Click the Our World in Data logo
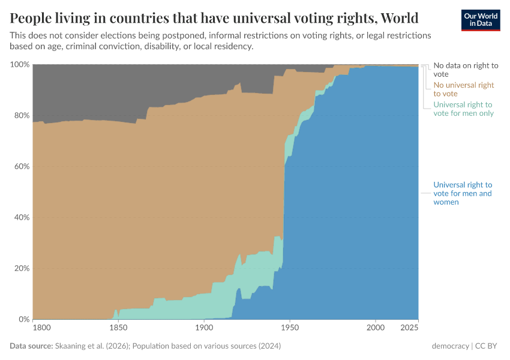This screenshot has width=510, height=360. click(480, 19)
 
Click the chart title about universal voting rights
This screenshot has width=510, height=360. click(214, 17)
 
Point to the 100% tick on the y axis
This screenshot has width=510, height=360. click(19, 64)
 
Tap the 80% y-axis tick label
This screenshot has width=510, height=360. click(20, 115)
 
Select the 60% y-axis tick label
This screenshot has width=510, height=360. click(20, 166)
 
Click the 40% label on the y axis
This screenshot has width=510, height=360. click(20, 217)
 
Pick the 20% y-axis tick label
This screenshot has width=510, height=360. click(20, 268)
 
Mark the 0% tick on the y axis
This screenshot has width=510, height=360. click(23, 319)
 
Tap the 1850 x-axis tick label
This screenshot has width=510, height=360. click(118, 329)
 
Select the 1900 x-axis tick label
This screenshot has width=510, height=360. click(204, 329)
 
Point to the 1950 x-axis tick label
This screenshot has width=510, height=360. click(290, 329)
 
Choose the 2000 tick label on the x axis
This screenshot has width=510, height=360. click(376, 329)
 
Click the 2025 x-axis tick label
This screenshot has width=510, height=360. click(409, 329)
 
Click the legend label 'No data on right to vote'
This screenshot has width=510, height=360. click(466, 70)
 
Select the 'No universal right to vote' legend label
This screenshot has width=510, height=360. click(464, 89)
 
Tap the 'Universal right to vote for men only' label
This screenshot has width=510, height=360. click(463, 109)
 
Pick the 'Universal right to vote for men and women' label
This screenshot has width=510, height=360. click(463, 193)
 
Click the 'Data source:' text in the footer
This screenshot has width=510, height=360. click(31, 346)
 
